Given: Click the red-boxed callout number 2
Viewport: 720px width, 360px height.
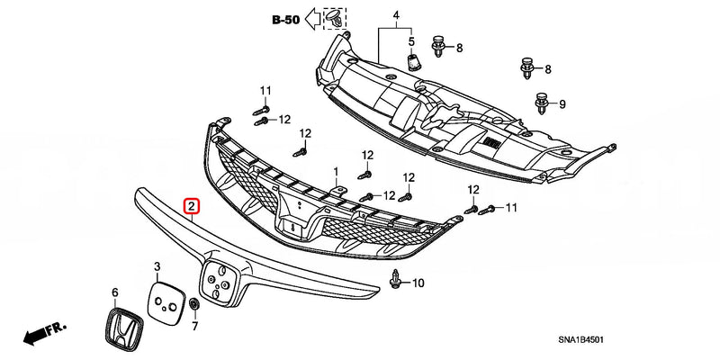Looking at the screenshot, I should point(193,207).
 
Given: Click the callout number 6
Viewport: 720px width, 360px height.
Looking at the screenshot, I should point(115,292).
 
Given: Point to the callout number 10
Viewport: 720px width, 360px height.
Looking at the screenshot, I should point(418,283).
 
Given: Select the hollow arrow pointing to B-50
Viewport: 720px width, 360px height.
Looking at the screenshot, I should point(312,17).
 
